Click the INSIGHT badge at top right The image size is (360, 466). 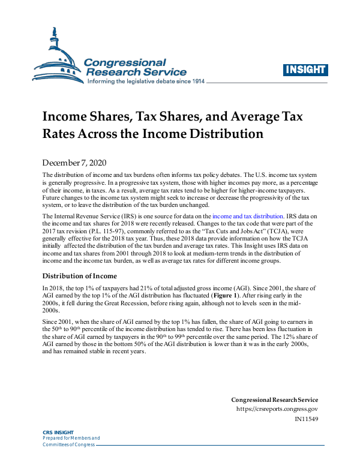[x=305, y=69]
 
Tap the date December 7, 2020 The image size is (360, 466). [x=75, y=163]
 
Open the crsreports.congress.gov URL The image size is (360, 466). [x=277, y=409]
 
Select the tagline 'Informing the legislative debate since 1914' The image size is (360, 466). [x=146, y=82]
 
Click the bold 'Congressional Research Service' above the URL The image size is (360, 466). [x=275, y=400]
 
